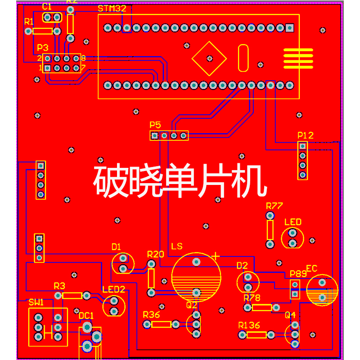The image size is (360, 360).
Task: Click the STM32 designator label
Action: point(109,9)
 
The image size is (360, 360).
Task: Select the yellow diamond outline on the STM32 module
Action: point(209,58)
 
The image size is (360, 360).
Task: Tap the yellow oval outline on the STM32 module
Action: point(243,58)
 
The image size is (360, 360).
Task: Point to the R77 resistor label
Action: point(274,206)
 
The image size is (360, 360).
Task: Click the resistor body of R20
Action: point(151,278)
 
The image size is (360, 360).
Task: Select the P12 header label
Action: point(306,135)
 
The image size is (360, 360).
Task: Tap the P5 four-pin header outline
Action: point(169,135)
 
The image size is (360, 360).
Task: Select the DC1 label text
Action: point(86,315)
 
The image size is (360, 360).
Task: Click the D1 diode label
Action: point(116,247)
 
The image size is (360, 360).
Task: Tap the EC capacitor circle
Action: point(322,290)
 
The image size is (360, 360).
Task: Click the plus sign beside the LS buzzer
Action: point(216,256)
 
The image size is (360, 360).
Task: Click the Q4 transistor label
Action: point(290,315)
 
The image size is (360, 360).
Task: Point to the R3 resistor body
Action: point(72,296)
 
